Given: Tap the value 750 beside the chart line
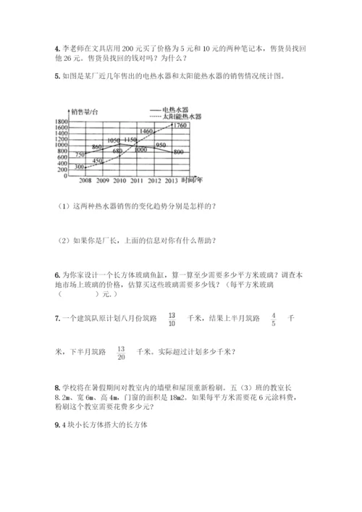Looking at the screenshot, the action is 80,154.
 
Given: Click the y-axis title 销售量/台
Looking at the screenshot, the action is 85,111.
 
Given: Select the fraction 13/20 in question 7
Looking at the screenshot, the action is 121,353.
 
